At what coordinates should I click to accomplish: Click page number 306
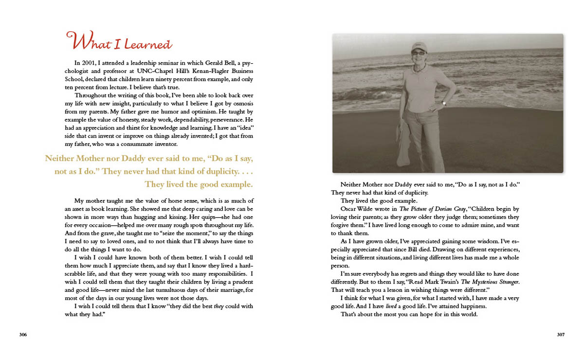[x=23, y=335]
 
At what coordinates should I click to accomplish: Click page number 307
[x=560, y=335]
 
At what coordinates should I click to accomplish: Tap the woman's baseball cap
[x=419, y=46]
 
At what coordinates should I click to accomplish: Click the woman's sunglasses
[x=419, y=53]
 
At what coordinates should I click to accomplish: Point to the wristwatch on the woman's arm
[x=443, y=103]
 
